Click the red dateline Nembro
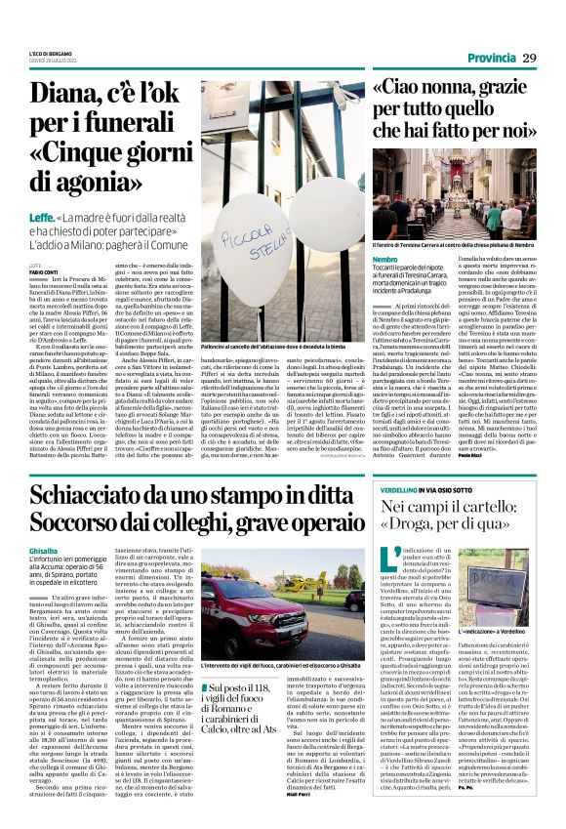(x=385, y=258)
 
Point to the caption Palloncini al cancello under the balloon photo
(x=276, y=346)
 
